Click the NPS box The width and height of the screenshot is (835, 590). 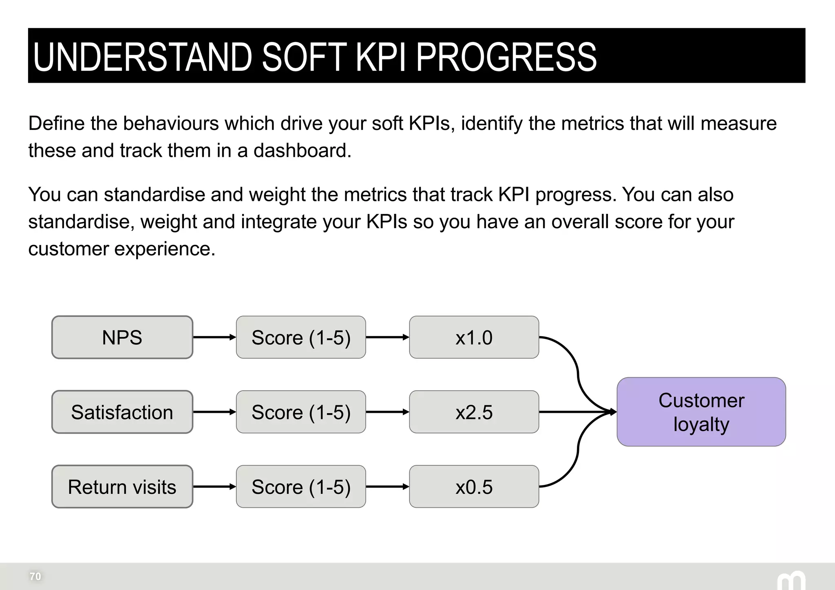[122, 337]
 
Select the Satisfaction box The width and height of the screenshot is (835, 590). [122, 412]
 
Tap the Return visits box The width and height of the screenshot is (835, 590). [122, 487]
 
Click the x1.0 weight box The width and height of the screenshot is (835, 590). [474, 337]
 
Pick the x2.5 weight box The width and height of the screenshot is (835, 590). [474, 412]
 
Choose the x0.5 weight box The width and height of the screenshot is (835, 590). [474, 487]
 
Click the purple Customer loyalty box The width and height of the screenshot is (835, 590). [701, 412]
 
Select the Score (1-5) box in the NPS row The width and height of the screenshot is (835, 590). [301, 337]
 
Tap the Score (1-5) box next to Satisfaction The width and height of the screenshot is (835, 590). [301, 412]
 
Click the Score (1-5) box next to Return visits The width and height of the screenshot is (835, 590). [301, 487]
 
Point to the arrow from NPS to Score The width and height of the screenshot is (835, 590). [214, 337]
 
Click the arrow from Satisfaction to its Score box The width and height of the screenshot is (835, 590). [214, 412]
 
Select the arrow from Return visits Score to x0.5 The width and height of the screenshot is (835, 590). [387, 487]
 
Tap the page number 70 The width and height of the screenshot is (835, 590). [35, 576]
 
